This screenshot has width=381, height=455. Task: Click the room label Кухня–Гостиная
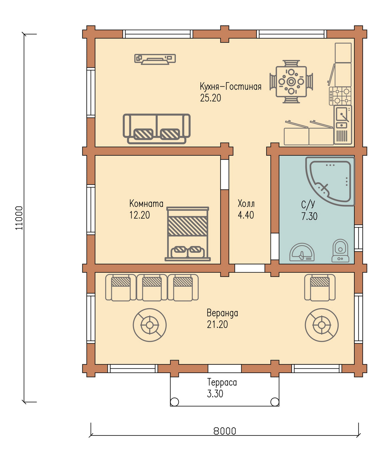point(231,86)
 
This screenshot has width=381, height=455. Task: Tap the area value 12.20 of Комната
point(139,215)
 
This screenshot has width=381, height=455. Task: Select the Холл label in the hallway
point(246,203)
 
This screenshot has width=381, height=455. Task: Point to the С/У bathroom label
point(308,204)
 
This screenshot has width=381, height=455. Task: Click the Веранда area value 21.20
point(217,324)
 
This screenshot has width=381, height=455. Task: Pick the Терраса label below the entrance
point(222,382)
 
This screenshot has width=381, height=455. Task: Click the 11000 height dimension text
point(19,218)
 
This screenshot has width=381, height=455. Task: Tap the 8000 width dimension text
point(225,431)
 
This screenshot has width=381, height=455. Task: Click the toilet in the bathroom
point(340,251)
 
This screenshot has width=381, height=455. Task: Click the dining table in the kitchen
point(291,82)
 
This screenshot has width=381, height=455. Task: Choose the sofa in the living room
point(156,129)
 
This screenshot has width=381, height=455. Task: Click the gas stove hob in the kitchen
point(340,96)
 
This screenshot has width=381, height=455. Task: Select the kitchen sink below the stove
point(343,125)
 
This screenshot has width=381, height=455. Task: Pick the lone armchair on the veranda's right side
point(320,287)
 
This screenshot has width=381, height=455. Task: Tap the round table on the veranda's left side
point(150,325)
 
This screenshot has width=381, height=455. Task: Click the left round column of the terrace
point(174,402)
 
